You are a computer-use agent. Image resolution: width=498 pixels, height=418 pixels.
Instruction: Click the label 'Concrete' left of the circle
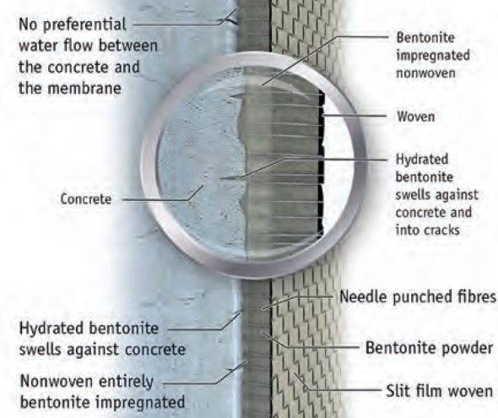click(86, 199)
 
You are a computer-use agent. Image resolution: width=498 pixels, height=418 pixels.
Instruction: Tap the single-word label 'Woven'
click(416, 117)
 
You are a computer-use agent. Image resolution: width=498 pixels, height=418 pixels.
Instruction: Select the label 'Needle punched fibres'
click(418, 297)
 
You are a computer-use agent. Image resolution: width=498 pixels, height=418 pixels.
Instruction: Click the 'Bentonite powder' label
click(429, 348)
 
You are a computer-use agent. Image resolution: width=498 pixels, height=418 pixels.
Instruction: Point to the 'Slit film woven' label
click(439, 391)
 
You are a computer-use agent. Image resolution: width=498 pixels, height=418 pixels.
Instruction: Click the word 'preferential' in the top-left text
click(84, 25)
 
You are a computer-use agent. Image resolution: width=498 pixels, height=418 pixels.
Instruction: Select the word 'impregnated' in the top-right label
click(433, 56)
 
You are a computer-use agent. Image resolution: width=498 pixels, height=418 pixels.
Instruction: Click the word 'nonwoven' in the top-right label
click(425, 73)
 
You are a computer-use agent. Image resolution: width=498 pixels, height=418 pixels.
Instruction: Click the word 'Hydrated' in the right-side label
click(422, 160)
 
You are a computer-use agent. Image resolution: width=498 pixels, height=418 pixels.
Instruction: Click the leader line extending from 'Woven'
click(355, 117)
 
